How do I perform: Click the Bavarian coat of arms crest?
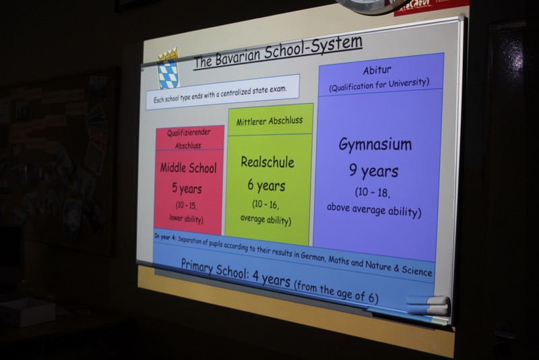pyautogui.click(x=168, y=69)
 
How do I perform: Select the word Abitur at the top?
pyautogui.click(x=377, y=71)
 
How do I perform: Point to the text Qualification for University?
pyautogui.click(x=379, y=84)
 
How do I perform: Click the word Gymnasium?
pyautogui.click(x=375, y=145)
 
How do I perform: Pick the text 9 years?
pyautogui.click(x=374, y=171)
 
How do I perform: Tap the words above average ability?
pyautogui.click(x=374, y=210)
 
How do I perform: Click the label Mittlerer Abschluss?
pyautogui.click(x=269, y=121)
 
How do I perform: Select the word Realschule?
pyautogui.click(x=267, y=162)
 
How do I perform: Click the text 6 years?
pyautogui.click(x=266, y=185)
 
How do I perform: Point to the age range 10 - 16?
pyautogui.click(x=265, y=204)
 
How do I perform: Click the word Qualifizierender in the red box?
pyautogui.click(x=189, y=133)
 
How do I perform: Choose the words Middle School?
pyautogui.click(x=189, y=168)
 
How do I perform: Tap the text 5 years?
pyautogui.click(x=187, y=188)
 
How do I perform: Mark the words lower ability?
pyautogui.click(x=186, y=218)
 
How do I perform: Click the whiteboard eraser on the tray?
pyautogui.click(x=428, y=305)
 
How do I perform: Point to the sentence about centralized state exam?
pyautogui.click(x=220, y=94)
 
